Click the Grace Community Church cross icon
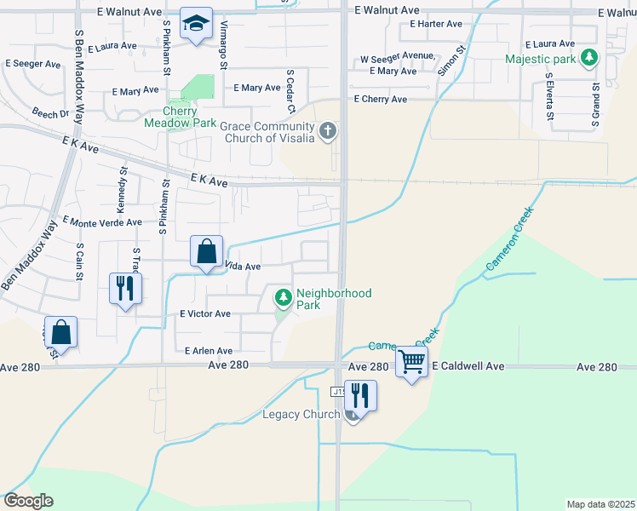click(329, 131)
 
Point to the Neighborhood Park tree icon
click(283, 298)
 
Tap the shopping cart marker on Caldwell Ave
click(411, 362)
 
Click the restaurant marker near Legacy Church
click(360, 396)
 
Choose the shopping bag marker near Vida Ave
click(206, 252)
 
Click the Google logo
click(27, 501)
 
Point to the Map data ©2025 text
click(600, 504)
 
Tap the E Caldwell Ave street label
click(468, 366)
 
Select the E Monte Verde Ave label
click(102, 221)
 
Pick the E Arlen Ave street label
click(209, 351)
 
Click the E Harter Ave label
click(436, 24)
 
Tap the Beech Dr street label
click(50, 113)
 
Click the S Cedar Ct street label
click(290, 91)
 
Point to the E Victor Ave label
click(204, 314)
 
